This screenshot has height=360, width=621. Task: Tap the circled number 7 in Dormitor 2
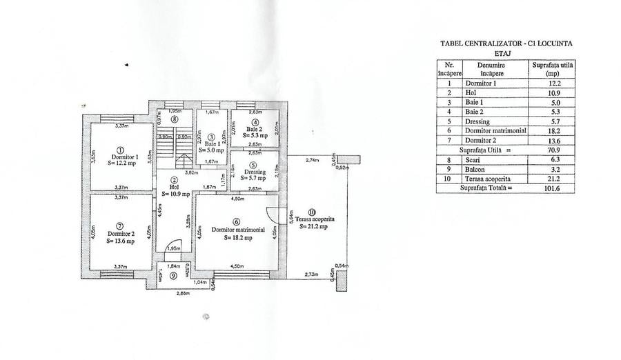coord(119,225)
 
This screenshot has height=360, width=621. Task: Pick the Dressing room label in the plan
coord(254,172)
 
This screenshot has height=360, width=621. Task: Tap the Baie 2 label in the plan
coord(255,129)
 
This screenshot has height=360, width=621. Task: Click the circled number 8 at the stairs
coord(175,119)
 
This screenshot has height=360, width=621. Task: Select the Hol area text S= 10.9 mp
coord(175,194)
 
